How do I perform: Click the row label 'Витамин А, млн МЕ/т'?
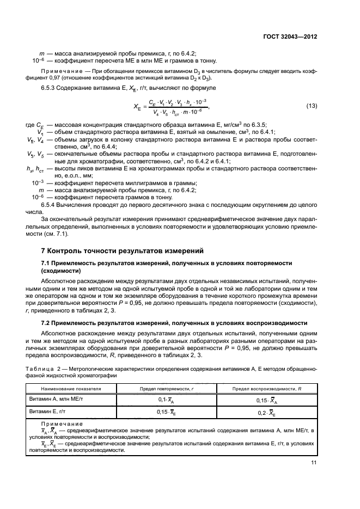tap(54, 399)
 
